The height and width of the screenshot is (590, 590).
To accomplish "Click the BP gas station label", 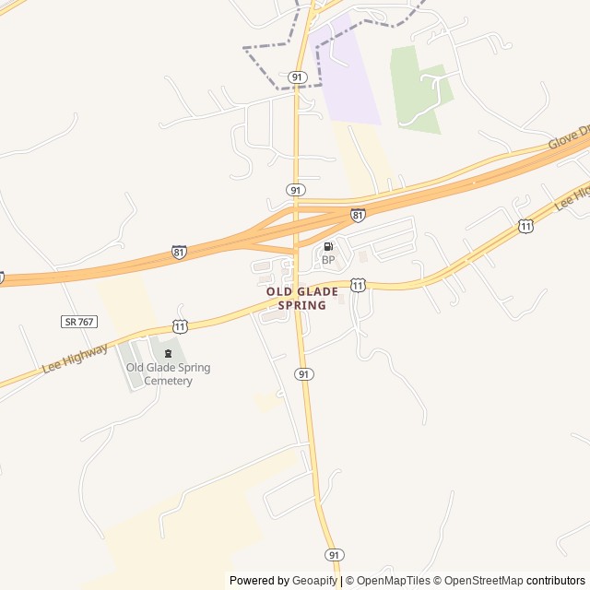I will pyautogui.click(x=328, y=260).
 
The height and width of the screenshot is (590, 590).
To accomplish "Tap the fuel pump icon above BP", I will pyautogui.click(x=328, y=247).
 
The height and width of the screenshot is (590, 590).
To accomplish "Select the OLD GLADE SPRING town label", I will pyautogui.click(x=296, y=298).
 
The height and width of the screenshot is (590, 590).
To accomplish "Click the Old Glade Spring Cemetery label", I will pyautogui.click(x=168, y=374).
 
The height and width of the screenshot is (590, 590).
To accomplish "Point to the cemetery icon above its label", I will pyautogui.click(x=168, y=354).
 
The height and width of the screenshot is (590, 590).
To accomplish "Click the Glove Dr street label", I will pyautogui.click(x=568, y=137).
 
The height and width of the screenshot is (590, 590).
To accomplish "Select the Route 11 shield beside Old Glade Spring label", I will pyautogui.click(x=358, y=286).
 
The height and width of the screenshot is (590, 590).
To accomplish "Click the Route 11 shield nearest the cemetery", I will pyautogui.click(x=180, y=326).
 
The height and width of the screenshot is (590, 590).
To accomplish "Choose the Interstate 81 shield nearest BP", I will pyautogui.click(x=358, y=215).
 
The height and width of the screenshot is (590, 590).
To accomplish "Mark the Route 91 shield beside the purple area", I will pyautogui.click(x=296, y=77).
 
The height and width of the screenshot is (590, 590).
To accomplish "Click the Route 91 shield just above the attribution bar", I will pyautogui.click(x=334, y=555).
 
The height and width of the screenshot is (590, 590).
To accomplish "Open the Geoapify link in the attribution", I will pyautogui.click(x=314, y=581).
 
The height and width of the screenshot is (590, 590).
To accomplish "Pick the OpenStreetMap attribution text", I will pyautogui.click(x=483, y=581).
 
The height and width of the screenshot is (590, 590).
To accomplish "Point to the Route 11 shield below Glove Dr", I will pyautogui.click(x=525, y=226).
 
